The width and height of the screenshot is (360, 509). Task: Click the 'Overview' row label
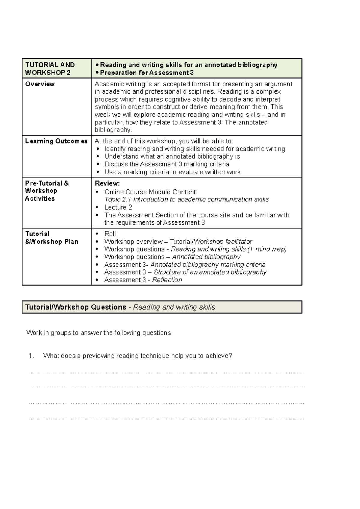40,84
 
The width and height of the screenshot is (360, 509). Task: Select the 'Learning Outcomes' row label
56,141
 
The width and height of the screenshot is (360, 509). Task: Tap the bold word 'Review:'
107,183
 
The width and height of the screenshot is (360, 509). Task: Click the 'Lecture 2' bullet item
118,207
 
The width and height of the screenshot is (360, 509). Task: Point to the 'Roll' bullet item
110,234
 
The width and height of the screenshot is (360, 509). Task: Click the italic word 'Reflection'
167,280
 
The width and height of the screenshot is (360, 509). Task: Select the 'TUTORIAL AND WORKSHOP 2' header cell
50,69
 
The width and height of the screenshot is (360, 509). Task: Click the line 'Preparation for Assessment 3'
147,73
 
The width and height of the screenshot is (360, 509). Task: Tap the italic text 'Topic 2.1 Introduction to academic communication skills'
186,200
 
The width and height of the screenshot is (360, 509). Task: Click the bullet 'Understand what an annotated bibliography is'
172,156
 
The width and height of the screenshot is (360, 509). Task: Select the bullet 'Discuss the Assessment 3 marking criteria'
166,164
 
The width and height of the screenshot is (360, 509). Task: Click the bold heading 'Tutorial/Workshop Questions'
76,307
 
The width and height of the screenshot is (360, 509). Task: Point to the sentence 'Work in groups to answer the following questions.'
99,333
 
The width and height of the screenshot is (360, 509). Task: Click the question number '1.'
31,356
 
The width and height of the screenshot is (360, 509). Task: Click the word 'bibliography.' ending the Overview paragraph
113,130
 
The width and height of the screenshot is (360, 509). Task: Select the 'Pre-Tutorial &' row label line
47,183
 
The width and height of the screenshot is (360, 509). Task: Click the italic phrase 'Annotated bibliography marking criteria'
208,265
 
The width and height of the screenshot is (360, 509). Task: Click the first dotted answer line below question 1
166,372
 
